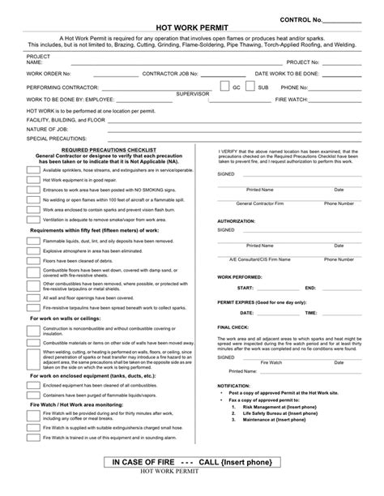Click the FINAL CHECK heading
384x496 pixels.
233,327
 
